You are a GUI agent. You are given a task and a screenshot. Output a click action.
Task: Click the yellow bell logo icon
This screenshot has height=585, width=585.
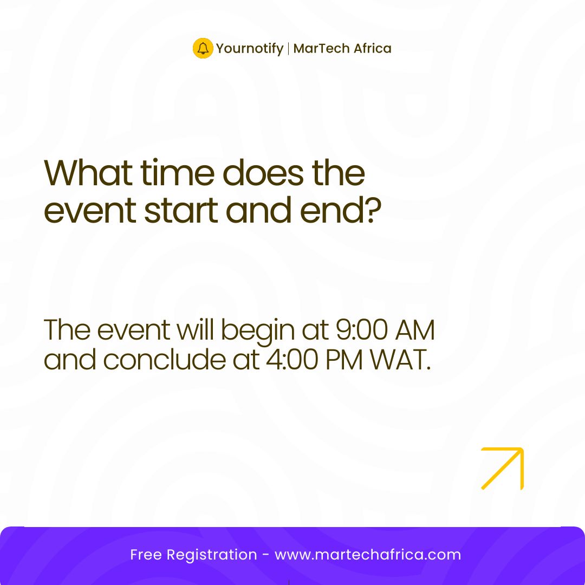tap(203, 48)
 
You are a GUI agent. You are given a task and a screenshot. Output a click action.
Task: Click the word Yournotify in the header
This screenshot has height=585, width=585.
tap(250, 49)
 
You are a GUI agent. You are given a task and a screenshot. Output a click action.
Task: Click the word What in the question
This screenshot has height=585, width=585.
tap(87, 173)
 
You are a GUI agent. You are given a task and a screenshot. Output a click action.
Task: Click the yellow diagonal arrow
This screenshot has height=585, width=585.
tap(502, 469)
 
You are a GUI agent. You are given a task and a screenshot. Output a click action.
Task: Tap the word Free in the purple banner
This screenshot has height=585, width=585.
tap(146, 555)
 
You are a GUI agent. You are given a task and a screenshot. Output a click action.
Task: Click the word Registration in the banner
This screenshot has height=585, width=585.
tap(212, 555)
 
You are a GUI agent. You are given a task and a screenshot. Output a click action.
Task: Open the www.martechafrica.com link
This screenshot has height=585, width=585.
tap(368, 555)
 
